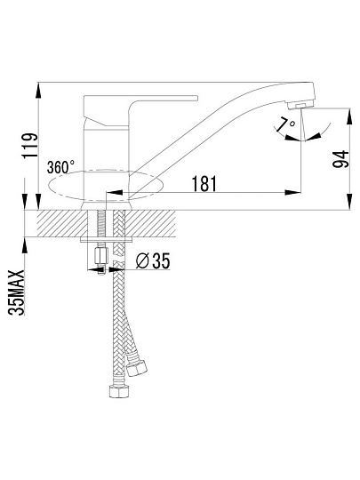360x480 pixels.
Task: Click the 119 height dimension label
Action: [30, 146]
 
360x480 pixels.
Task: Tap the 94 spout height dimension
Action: [340, 159]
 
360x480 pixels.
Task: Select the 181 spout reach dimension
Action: [204, 184]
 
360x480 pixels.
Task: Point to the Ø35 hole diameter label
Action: [153, 260]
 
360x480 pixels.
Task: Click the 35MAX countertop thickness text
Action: [17, 292]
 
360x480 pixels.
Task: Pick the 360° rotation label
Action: [60, 167]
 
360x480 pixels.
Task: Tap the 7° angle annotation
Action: [286, 125]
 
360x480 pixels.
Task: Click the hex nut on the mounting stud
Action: [101, 256]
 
